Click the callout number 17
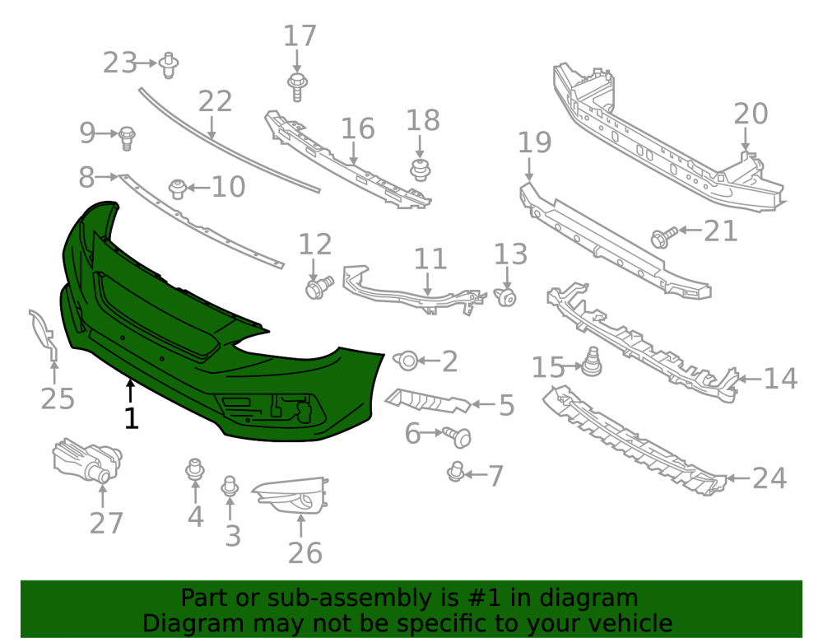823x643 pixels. pyautogui.click(x=300, y=35)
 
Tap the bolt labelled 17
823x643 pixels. pyautogui.click(x=297, y=86)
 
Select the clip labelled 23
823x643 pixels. pyautogui.click(x=169, y=65)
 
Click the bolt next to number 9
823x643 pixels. pyautogui.click(x=127, y=138)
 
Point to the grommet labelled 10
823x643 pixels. pyautogui.click(x=178, y=189)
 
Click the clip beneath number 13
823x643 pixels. pyautogui.click(x=505, y=297)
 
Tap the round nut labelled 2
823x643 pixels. pyautogui.click(x=407, y=360)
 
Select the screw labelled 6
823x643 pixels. pyautogui.click(x=457, y=436)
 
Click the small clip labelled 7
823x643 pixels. pyautogui.click(x=456, y=472)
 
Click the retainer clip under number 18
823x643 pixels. pyautogui.click(x=420, y=170)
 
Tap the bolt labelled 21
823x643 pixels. pyautogui.click(x=663, y=237)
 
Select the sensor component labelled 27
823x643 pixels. pyautogui.click(x=87, y=460)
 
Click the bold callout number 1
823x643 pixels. pyautogui.click(x=131, y=418)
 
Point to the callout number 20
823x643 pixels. pyautogui.click(x=751, y=114)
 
